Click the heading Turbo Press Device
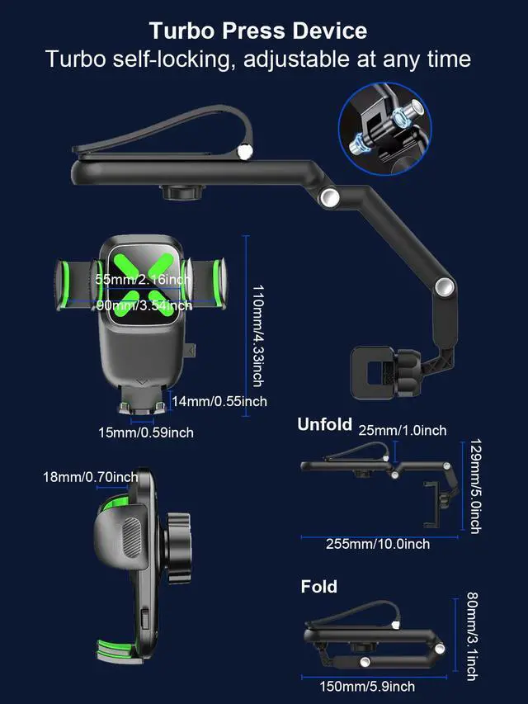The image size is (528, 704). click(x=258, y=31)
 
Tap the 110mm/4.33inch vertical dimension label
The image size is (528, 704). click(x=257, y=335)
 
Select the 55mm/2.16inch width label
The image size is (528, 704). click(x=144, y=279)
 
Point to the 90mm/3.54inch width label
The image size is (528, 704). click(x=144, y=305)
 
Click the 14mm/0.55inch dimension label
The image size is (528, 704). click(x=219, y=401)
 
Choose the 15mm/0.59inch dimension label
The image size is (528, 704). click(x=146, y=432)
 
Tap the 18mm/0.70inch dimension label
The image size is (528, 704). click(x=91, y=477)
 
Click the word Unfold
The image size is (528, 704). click(x=324, y=424)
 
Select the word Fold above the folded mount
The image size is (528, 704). click(x=318, y=587)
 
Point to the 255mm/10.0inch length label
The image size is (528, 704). click(x=378, y=544)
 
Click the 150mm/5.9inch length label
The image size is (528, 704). click(x=367, y=687)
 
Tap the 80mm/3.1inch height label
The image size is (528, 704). click(x=473, y=636)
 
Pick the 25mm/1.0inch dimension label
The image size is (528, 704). click(x=403, y=431)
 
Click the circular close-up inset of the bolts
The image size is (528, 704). click(x=384, y=130)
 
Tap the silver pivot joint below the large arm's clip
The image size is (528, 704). click(x=330, y=197)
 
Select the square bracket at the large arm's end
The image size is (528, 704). click(x=374, y=373)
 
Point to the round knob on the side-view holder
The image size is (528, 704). click(x=179, y=549)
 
